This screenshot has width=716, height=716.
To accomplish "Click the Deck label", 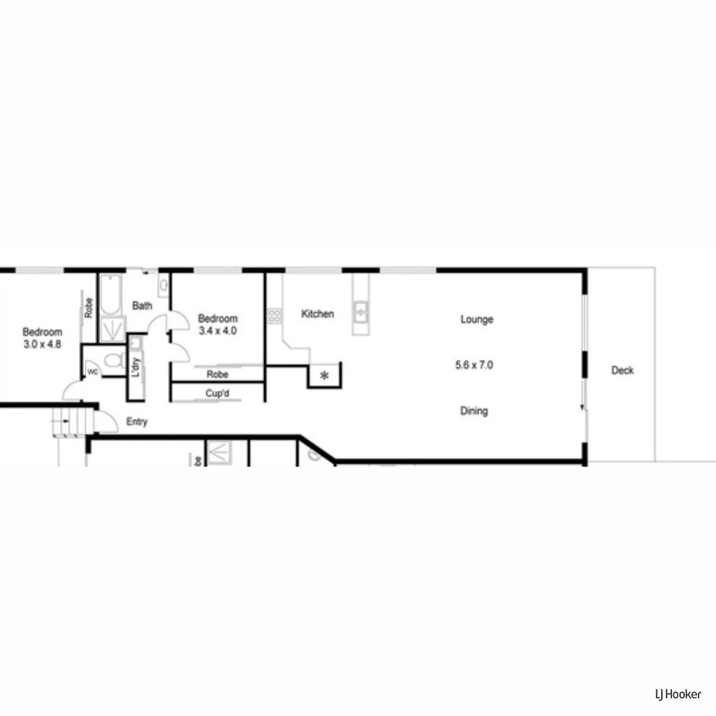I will coord(622,371).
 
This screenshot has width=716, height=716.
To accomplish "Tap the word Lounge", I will coord(477,320).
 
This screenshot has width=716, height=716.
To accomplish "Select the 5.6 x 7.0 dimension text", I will coord(474,365).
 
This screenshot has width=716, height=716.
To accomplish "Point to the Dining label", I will coord(474,411).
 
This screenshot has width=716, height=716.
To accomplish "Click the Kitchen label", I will coord(318,314).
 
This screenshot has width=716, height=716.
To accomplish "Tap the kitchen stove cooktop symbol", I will coord(274,316).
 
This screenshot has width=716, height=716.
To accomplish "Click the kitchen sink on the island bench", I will coord(361,311).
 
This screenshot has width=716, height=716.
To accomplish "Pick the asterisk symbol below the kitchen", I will coord(324,376).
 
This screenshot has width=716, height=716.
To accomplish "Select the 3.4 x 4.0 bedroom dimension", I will coord(217,330).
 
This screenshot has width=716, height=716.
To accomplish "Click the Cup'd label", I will coord(217,394).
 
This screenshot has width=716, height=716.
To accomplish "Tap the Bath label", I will coord(142,306).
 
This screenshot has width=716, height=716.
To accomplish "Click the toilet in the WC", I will coord(115,361).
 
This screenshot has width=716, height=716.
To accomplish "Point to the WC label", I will coord(93,372).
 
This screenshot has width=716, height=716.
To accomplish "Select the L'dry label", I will coord(136,368).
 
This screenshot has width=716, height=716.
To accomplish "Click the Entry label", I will coord(137,422).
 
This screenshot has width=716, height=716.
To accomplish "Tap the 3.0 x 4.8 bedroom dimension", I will coord(42,344).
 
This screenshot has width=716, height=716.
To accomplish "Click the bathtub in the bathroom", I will coord(110,296).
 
